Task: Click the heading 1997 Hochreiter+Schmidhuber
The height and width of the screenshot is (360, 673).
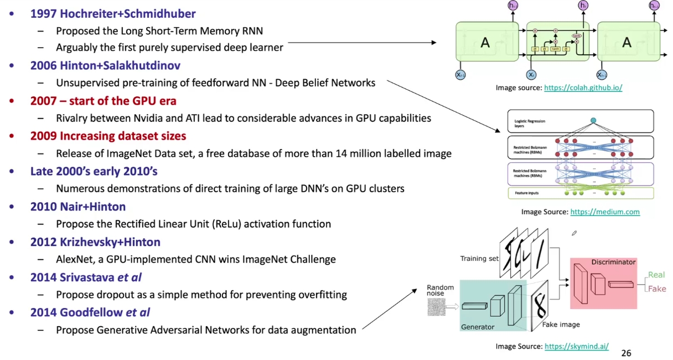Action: pyautogui.click(x=113, y=13)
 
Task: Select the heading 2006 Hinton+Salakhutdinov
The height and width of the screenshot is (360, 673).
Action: pyautogui.click(x=105, y=65)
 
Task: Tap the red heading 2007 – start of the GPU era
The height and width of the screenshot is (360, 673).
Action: pyautogui.click(x=103, y=101)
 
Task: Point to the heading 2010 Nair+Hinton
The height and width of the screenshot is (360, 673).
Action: pyautogui.click(x=78, y=207)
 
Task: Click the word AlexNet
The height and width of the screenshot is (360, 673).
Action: pyautogui.click(x=75, y=259)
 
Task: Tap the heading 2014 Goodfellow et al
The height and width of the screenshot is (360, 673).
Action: pyautogui.click(x=90, y=312)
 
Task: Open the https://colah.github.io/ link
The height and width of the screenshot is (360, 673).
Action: pyautogui.click(x=583, y=88)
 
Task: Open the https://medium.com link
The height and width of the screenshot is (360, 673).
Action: pyautogui.click(x=605, y=212)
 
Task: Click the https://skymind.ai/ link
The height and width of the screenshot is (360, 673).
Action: pyautogui.click(x=577, y=347)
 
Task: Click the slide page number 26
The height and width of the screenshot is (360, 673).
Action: pyautogui.click(x=626, y=353)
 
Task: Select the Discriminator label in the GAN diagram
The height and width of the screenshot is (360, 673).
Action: pyautogui.click(x=613, y=261)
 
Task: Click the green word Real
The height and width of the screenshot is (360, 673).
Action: pyautogui.click(x=656, y=275)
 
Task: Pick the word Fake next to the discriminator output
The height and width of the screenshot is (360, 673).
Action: pyautogui.click(x=657, y=289)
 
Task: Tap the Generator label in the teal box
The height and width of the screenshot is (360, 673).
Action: pyautogui.click(x=477, y=327)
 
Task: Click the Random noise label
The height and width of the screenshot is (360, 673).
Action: pyautogui.click(x=440, y=291)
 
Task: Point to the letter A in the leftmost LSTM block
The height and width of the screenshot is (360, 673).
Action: pyautogui.click(x=485, y=43)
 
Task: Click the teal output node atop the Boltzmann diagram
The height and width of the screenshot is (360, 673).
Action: pyautogui.click(x=593, y=120)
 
